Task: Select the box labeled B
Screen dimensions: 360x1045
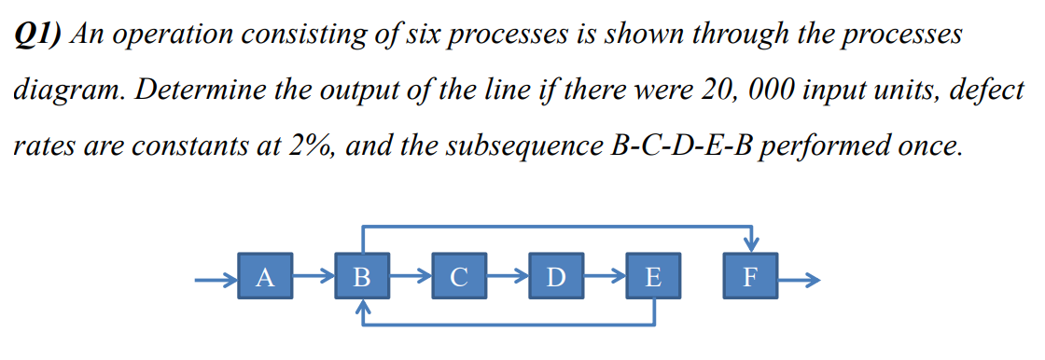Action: point(363,277)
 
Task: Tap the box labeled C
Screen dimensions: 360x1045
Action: point(458,277)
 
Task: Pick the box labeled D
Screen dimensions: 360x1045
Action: point(556,277)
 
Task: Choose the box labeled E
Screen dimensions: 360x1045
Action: point(652,277)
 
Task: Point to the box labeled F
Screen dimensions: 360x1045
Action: point(749,277)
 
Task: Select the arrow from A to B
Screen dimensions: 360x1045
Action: point(314,277)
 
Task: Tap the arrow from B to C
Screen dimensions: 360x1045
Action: point(411,277)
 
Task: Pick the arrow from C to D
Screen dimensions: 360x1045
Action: point(507,277)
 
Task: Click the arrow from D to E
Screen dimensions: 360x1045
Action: point(604,277)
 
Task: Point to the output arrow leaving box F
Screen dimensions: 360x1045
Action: point(799,278)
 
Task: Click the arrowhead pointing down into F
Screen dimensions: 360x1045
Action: point(749,244)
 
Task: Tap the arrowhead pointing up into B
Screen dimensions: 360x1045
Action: point(363,308)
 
